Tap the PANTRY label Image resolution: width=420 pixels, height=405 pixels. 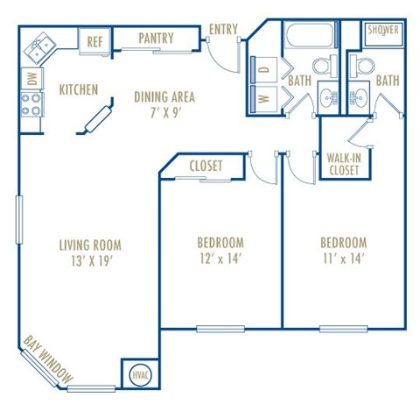tap(156, 39)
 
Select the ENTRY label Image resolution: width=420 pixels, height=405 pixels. tap(223, 30)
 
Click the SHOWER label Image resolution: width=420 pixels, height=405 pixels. tap(383, 30)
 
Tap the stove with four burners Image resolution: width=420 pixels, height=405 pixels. tap(31, 105)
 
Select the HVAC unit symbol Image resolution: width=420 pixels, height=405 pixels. tap(140, 374)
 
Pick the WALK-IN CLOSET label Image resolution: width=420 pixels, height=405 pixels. tap(343, 164)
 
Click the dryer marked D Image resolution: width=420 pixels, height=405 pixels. tap(264, 67)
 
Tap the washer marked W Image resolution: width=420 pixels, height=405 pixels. tap(264, 97)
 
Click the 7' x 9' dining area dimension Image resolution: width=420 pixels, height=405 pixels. tap(164, 113)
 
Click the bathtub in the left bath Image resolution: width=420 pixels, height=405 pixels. tap(308, 38)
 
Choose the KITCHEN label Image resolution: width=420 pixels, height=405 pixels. tap(78, 89)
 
